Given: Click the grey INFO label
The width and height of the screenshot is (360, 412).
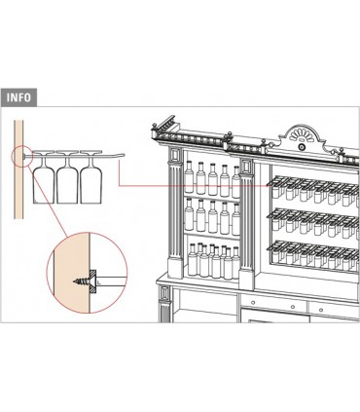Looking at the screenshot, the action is click(18, 97).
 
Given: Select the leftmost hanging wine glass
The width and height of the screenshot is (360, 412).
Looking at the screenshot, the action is click(44, 177).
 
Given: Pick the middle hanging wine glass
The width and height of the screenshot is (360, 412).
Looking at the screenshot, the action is click(67, 177).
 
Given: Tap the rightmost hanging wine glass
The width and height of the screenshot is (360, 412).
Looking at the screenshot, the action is click(90, 177).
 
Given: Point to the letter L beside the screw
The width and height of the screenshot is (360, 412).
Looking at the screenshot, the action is click(99, 283).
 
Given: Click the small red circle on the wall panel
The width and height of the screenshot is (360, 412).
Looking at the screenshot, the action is click(22, 156).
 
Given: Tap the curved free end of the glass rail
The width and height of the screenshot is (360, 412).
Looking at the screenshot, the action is click(121, 155).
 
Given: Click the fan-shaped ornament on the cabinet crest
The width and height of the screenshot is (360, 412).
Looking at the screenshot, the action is click(302, 135).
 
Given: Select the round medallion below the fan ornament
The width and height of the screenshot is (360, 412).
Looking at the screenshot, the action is click(302, 147).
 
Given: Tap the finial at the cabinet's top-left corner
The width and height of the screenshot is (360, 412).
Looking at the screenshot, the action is click(155, 126).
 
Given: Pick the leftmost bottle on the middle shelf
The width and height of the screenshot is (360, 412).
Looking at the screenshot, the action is click(189, 214).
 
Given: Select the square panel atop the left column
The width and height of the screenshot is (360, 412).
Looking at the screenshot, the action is click(175, 155).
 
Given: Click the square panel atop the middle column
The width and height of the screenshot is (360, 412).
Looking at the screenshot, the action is click(246, 167).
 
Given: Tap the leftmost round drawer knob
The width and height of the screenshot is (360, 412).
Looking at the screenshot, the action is click(253, 303).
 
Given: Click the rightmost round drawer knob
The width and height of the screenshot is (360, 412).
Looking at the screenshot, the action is click(321, 310).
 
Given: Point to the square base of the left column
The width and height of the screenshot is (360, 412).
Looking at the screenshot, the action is click(175, 267).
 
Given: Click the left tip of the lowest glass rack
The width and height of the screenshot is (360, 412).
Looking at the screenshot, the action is click(268, 248).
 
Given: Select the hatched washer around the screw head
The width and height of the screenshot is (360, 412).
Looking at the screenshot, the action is click(93, 281).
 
